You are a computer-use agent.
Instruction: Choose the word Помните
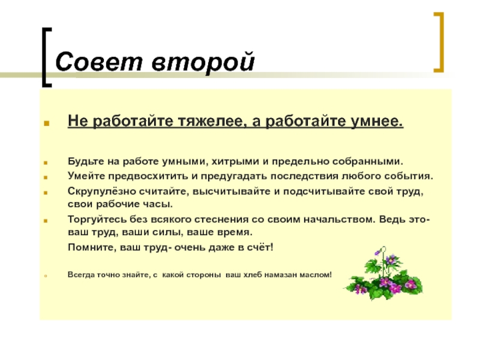[88, 247]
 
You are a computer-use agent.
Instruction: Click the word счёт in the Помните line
[259, 247]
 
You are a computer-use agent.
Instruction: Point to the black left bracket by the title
[46, 57]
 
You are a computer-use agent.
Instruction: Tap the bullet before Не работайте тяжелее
[46, 124]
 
